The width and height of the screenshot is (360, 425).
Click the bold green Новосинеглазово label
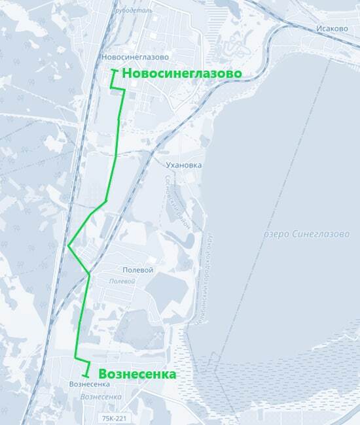pyautogui.click(x=181, y=73)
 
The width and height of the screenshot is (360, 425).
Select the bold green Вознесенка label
pyautogui.click(x=137, y=375)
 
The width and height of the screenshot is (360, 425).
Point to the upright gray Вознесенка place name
pyautogui.click(x=88, y=384)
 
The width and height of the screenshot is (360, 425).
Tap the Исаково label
pyautogui.click(x=331, y=29)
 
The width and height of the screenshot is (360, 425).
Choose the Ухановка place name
pyautogui.click(x=184, y=165)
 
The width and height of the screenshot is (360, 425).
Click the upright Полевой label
pyautogui.click(x=137, y=269)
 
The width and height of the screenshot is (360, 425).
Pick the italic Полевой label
pyautogui.click(x=121, y=280)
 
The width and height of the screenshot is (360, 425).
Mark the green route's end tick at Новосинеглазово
pyautogui.click(x=115, y=70)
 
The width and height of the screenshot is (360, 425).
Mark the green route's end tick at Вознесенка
pyautogui.click(x=86, y=376)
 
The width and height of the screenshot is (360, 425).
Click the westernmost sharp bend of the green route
pyautogui.click(x=68, y=246)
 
